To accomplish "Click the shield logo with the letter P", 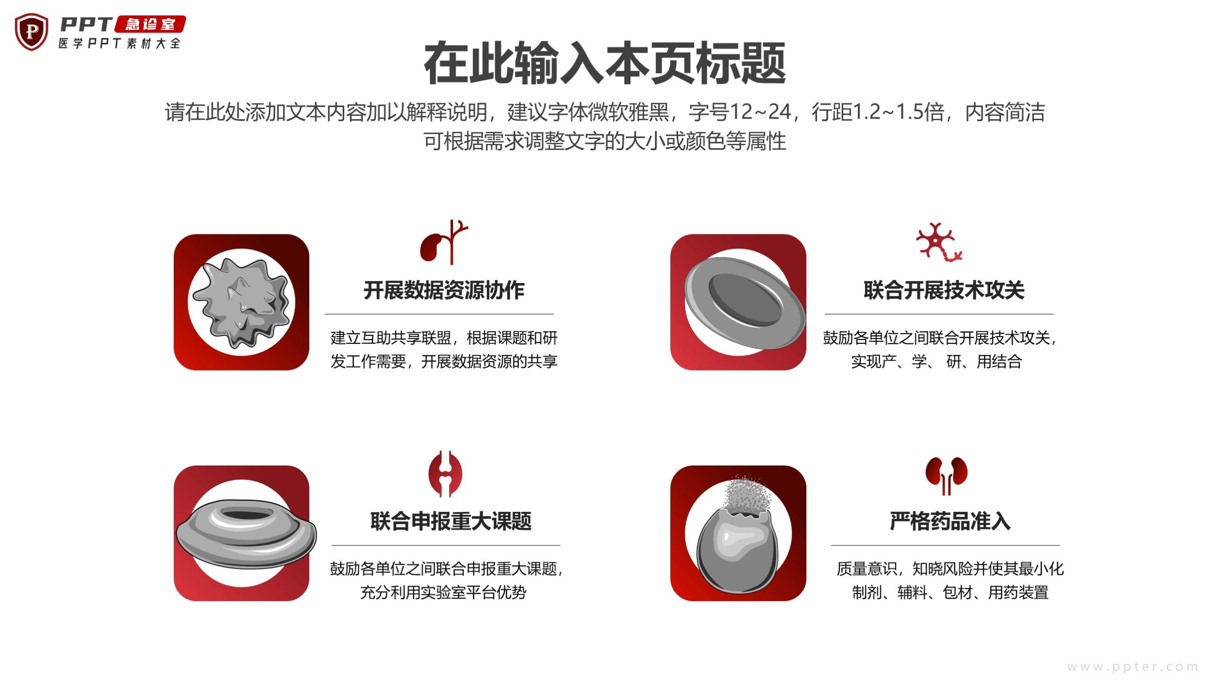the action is (x=31, y=32).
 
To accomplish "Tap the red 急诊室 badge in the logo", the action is (x=150, y=24).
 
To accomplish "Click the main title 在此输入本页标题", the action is (x=605, y=63).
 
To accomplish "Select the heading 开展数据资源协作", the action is (x=444, y=290).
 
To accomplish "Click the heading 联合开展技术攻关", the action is (x=944, y=290).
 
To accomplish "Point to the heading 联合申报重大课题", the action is (x=451, y=521).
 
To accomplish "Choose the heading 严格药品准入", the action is (x=950, y=521).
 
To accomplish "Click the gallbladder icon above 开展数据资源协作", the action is (x=444, y=242).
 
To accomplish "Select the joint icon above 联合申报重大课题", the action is (x=445, y=474).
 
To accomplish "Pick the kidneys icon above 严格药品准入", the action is (x=946, y=476).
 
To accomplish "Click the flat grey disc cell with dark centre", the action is (x=744, y=303).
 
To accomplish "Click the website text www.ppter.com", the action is (x=1133, y=666).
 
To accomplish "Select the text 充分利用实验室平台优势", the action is (x=443, y=592).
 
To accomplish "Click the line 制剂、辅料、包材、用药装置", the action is (x=950, y=592).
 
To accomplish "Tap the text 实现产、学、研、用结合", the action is (x=937, y=361).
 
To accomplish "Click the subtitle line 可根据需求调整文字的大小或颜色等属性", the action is (x=605, y=141).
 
